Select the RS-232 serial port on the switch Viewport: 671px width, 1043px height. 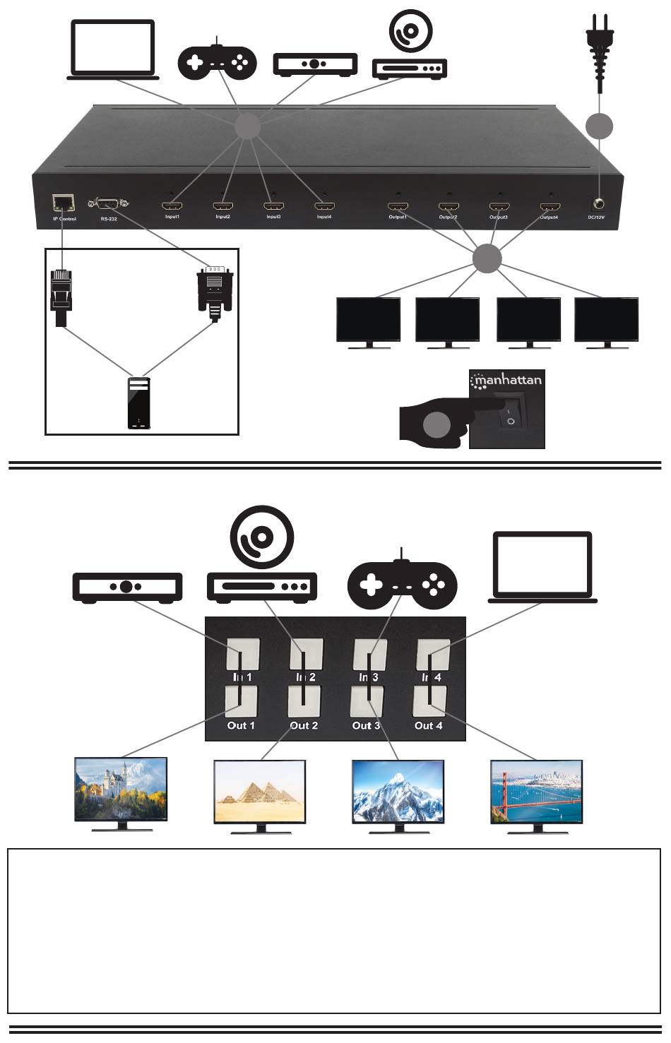point(108,204)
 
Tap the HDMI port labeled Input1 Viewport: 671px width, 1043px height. point(172,207)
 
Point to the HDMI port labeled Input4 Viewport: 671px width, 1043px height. point(324,207)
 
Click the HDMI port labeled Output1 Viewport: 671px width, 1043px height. point(397,207)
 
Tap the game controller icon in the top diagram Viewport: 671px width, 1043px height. point(217,61)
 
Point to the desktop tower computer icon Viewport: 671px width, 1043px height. point(139,403)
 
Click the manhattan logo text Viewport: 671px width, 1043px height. point(507,381)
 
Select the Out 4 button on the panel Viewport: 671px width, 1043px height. point(429,702)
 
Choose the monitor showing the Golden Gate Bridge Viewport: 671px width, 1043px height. point(537,792)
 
